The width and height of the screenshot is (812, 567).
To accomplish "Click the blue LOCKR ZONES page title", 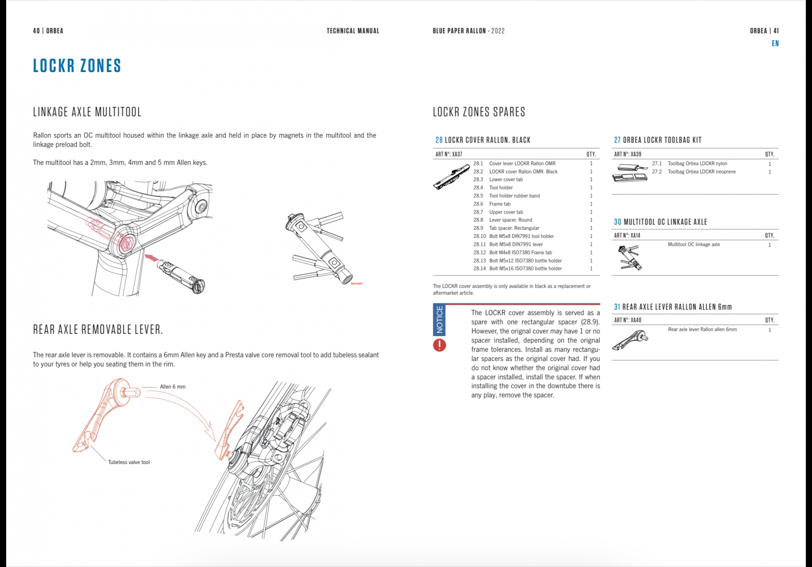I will pos(77,66).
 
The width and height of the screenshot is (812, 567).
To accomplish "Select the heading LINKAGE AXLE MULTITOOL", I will pos(87,112).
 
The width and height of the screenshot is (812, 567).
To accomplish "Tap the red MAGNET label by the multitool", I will pos(357,283).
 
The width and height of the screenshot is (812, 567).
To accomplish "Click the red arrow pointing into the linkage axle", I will pos(151,257).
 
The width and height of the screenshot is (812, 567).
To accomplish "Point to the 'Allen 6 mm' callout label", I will pos(173,387).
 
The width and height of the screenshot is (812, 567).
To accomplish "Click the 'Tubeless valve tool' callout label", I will pos(129,463).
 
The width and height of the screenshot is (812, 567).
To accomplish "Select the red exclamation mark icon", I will pos(439,345).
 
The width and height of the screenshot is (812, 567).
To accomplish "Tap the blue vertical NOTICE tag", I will pos(439,319).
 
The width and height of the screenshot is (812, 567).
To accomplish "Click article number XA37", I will pos(456,154).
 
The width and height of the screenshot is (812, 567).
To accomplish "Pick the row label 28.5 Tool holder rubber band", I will pos(514,196).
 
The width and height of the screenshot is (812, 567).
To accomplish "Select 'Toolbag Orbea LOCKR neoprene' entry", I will pos(701,172).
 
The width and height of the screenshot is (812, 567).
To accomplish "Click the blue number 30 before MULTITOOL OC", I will pos(617,222).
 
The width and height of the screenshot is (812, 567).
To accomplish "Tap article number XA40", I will pos(635,320).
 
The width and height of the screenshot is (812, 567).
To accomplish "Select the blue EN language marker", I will pos(775,44).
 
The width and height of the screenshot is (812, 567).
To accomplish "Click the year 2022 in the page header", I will pos(498,31).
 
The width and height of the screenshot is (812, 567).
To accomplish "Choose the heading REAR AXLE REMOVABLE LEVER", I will pos(98,330).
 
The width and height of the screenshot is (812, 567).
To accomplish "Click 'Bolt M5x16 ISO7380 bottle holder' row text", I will pos(525,269).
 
